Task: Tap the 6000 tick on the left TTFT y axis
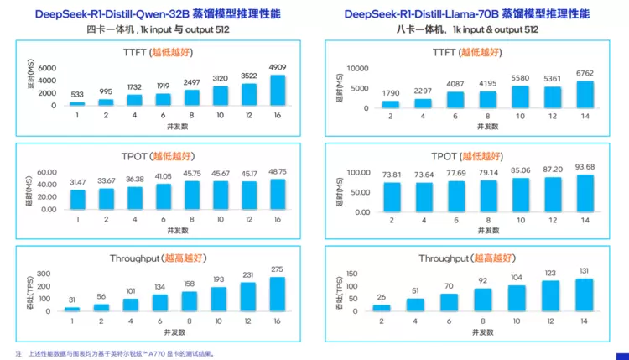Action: [47, 68]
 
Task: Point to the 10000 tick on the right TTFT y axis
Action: [356, 68]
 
